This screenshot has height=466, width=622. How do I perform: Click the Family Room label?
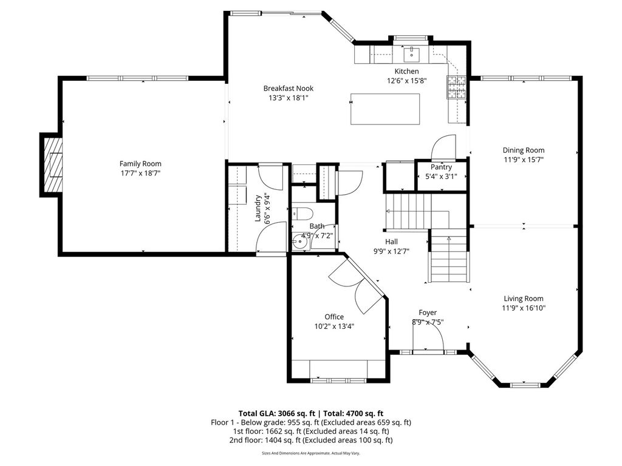point(140,164)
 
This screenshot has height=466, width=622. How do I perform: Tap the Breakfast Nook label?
point(289,89)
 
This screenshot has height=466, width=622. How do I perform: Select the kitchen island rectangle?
point(384,109)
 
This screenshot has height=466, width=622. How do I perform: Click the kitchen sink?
point(412,54)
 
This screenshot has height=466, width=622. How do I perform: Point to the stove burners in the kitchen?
point(457,87)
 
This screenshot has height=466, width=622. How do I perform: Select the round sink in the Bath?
point(300,240)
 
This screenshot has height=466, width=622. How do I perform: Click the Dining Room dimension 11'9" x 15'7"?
point(524,160)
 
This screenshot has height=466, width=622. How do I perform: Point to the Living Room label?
point(524,299)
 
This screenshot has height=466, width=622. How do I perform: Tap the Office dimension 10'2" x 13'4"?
point(334,326)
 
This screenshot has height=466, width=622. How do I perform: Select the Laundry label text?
point(258,209)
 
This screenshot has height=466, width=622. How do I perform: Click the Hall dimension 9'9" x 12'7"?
point(391,251)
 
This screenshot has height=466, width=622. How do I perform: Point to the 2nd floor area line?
point(311,441)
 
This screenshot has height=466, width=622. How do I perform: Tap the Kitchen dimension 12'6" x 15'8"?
point(406,81)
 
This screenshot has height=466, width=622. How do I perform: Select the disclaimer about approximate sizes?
point(311,453)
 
